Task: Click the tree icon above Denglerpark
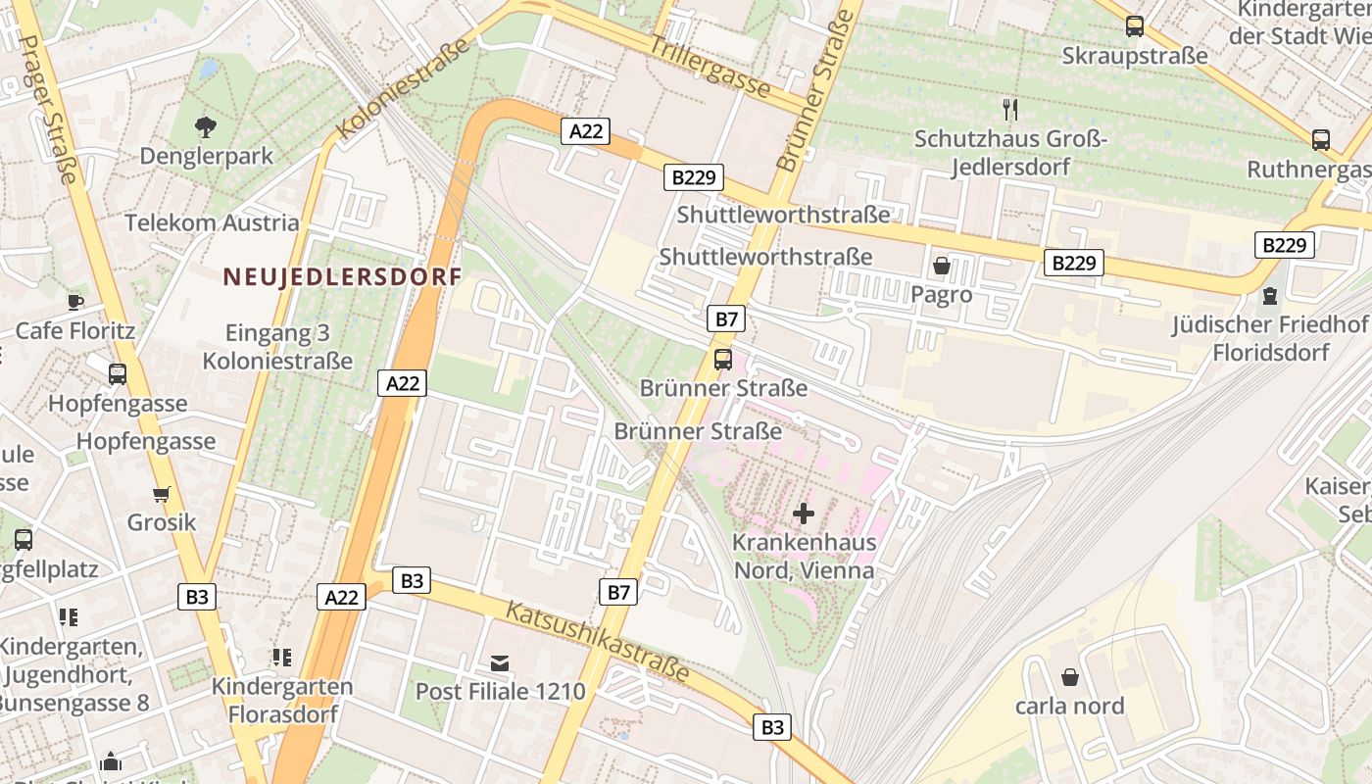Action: pyautogui.click(x=206, y=126)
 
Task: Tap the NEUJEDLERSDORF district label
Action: pyautogui.click(x=342, y=277)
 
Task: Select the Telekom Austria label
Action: pyautogui.click(x=212, y=222)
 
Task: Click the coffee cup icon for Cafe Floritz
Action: pyautogui.click(x=75, y=301)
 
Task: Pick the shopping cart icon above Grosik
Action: pyautogui.click(x=162, y=494)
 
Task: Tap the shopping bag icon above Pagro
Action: pyautogui.click(x=942, y=266)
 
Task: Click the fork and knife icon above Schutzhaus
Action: pyautogui.click(x=1010, y=109)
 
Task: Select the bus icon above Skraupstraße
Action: pyautogui.click(x=1135, y=26)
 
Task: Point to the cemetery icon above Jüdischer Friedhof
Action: pyautogui.click(x=1270, y=295)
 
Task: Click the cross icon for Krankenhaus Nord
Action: pyautogui.click(x=803, y=513)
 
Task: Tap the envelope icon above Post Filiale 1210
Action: pyautogui.click(x=501, y=663)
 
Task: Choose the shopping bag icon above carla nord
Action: pyautogui.click(x=1069, y=677)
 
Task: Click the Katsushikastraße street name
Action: pyautogui.click(x=597, y=643)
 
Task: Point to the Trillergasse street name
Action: pyautogui.click(x=710, y=66)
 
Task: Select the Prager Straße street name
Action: pyautogui.click(x=48, y=109)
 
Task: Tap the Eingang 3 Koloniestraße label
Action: pyautogui.click(x=277, y=347)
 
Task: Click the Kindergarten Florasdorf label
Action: pyautogui.click(x=282, y=700)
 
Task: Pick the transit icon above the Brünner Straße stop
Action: pyautogui.click(x=723, y=360)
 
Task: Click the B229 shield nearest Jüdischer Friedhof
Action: pyautogui.click(x=1284, y=245)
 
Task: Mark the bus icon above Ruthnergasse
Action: pyautogui.click(x=1321, y=140)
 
